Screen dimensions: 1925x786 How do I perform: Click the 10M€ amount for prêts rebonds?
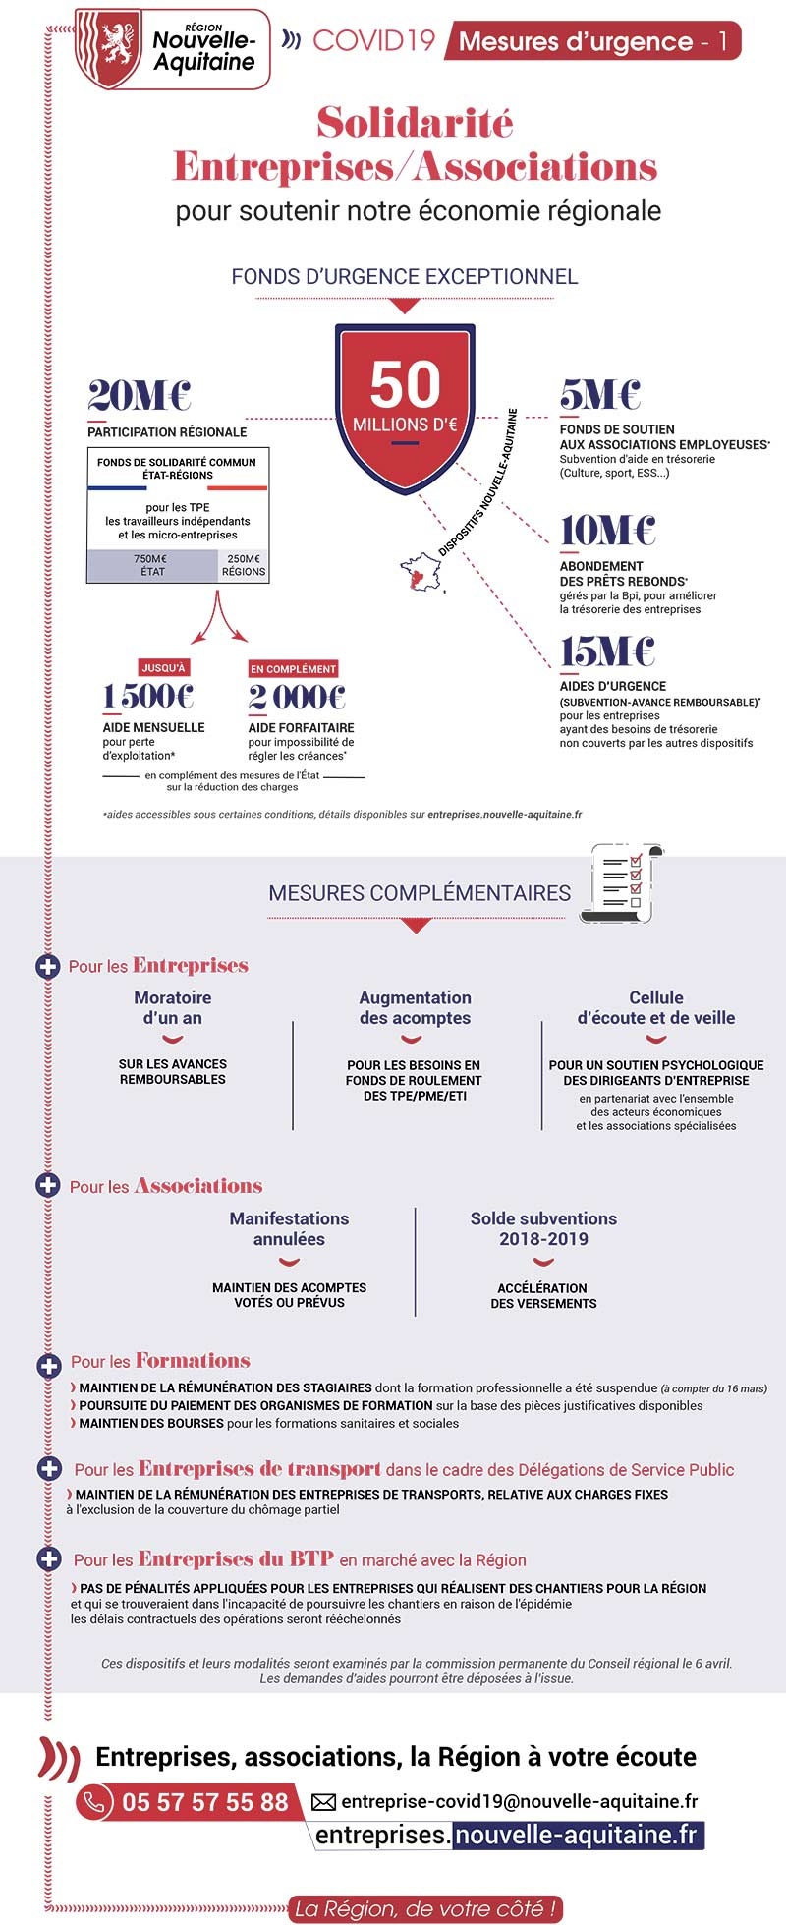coord(607,531)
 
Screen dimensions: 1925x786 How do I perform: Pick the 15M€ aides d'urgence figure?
coord(607,651)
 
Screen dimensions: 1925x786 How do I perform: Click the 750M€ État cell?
coord(151,565)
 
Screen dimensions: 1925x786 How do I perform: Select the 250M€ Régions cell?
coord(243,565)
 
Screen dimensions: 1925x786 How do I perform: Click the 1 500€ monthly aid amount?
coord(148,697)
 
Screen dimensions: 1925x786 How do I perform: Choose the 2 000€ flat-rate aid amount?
coord(297,697)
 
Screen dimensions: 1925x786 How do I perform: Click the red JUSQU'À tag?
coord(163,668)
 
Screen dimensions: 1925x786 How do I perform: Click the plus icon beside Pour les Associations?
coord(48,1185)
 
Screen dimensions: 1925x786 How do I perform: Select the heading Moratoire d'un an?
coord(173,1007)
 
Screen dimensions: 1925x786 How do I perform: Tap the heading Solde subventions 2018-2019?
coord(543,1228)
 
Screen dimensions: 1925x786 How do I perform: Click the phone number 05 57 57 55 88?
coord(204,1802)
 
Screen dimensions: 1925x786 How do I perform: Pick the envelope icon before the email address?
coord(323,1802)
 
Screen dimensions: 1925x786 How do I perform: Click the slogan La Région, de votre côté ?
coord(426,1908)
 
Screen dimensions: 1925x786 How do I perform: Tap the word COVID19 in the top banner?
coord(373,40)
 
